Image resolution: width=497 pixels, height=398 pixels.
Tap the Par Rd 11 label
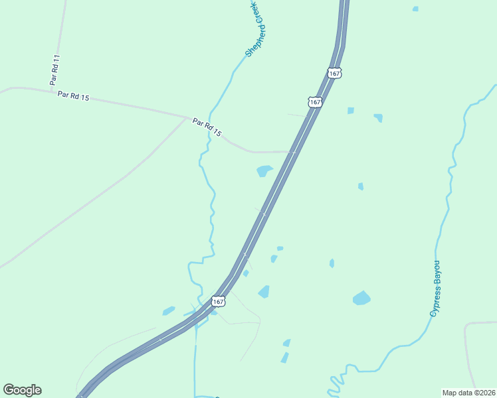(x=55, y=69)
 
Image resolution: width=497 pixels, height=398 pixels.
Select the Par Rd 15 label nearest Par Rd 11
(x=73, y=96)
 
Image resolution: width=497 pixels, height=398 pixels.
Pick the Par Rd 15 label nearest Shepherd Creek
(x=206, y=127)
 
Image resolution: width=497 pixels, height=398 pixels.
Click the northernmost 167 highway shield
(x=334, y=73)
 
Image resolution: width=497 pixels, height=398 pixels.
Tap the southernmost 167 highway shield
(x=218, y=302)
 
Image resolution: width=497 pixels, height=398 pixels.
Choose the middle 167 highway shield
(x=315, y=102)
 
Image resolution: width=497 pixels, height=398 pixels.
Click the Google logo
(x=22, y=390)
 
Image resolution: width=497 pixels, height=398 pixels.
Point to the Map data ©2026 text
(x=468, y=392)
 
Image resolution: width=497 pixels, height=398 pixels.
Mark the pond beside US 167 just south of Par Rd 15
(x=264, y=171)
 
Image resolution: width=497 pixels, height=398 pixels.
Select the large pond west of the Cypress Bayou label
(x=361, y=298)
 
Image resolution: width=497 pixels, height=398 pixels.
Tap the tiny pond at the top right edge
(x=415, y=9)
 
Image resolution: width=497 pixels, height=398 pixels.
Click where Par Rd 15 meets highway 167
(x=293, y=152)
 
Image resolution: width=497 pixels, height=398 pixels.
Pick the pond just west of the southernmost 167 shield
(x=169, y=310)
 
